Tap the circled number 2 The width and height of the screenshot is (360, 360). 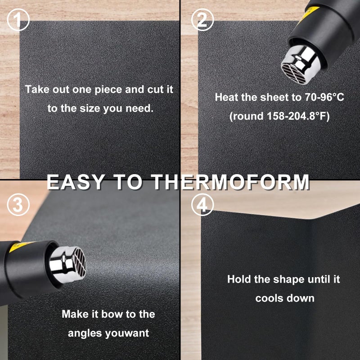(202, 20)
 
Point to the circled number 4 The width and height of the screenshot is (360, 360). (202, 206)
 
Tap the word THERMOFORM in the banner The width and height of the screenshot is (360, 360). (230, 182)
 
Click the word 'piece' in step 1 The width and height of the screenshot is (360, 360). (108, 89)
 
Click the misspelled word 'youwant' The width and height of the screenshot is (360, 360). (126, 333)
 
